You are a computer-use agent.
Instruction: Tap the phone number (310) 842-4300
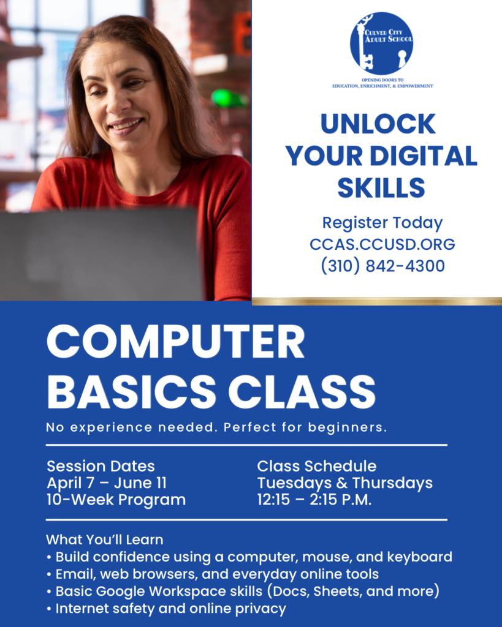[x=382, y=266]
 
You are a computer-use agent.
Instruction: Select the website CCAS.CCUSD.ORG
[x=382, y=244]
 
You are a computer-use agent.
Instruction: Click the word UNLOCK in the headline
[x=378, y=124]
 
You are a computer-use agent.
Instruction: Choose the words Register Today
[x=382, y=223]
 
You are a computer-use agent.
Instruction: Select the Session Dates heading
[x=101, y=466]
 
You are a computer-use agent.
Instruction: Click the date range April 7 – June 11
[x=107, y=482]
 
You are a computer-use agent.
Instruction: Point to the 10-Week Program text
[x=116, y=500]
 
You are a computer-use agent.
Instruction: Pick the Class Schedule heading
[x=316, y=466]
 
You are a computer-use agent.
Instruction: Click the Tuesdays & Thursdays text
[x=344, y=482]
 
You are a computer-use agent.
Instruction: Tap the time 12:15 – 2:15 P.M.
[x=314, y=500]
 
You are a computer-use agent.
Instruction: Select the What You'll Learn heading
[x=104, y=540]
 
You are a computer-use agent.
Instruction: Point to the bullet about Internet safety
[x=170, y=609]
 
